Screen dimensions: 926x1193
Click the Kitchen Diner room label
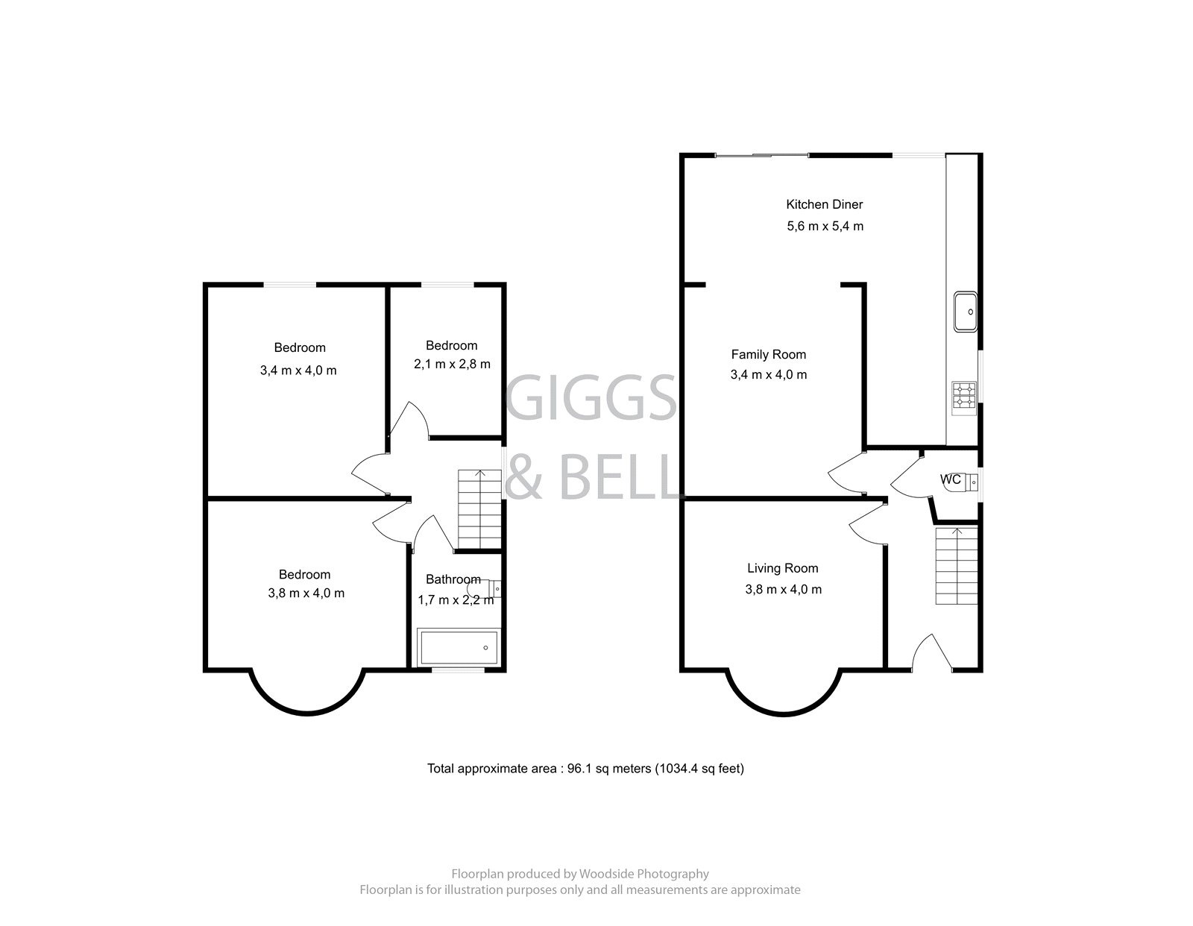pos(824,204)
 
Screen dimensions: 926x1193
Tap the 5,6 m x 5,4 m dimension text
pos(825,226)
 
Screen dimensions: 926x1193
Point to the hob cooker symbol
pos(963,395)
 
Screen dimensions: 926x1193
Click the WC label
pos(950,479)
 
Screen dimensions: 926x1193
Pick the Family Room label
pos(768,354)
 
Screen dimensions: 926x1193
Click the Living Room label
pos(782,568)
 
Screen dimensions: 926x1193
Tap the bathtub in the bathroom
pos(459,647)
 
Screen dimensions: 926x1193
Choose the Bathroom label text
pos(453,579)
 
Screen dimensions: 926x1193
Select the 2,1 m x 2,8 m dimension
pos(452,365)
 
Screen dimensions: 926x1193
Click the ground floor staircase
pos(957,567)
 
